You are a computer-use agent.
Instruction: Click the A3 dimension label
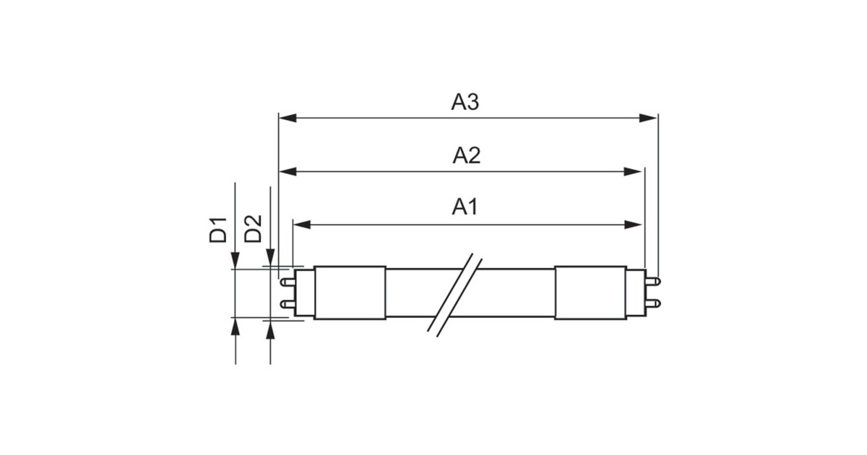[465, 103]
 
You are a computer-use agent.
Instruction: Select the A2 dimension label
[466, 156]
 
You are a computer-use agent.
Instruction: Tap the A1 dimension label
[465, 208]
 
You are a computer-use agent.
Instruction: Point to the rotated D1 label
[218, 229]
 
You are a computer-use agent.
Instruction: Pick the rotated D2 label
[253, 229]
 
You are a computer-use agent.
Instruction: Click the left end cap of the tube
[350, 292]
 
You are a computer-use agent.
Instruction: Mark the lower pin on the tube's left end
[287, 305]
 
